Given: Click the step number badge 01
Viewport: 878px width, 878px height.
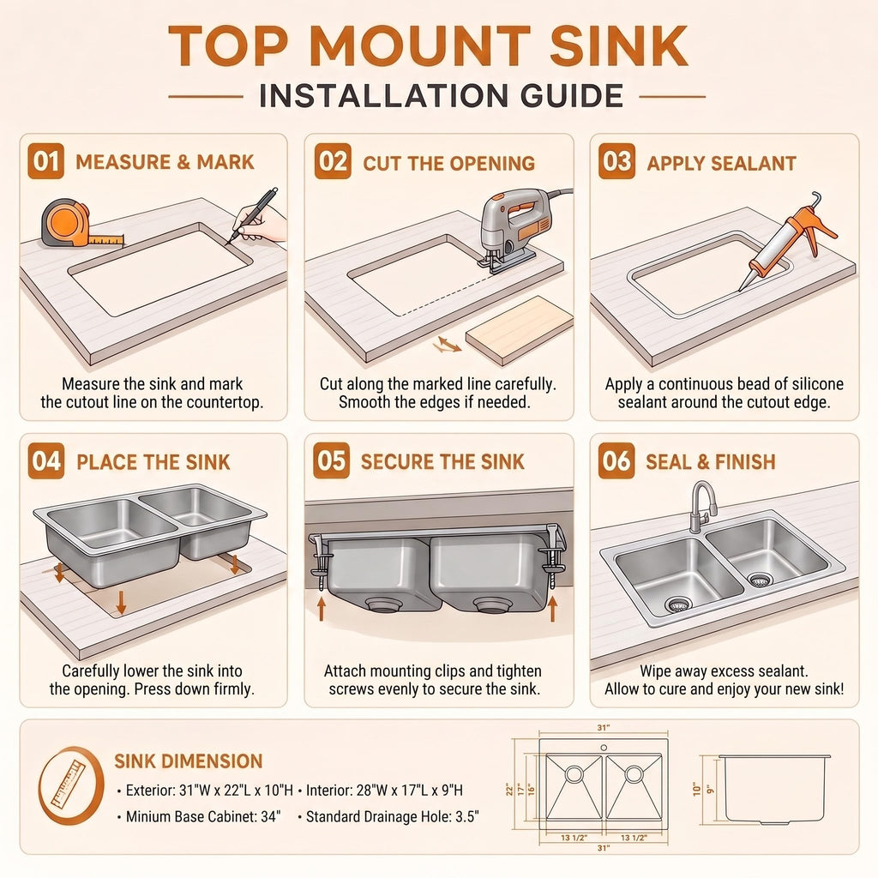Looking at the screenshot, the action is [46, 161].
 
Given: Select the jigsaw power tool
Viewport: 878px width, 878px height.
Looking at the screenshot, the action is [515, 230].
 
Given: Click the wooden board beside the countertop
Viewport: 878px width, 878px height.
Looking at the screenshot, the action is [520, 329].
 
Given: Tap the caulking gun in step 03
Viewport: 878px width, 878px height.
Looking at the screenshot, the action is [784, 240].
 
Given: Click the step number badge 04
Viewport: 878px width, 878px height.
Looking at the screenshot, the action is [46, 460].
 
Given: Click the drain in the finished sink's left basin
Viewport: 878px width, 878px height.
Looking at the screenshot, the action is [678, 604].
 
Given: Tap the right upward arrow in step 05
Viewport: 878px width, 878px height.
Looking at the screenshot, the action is [553, 609].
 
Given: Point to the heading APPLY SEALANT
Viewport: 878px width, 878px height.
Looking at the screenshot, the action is [721, 164].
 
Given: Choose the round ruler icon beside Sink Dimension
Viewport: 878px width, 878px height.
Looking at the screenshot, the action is [71, 785].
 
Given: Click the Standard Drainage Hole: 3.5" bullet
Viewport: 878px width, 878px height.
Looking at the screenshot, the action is [388, 816].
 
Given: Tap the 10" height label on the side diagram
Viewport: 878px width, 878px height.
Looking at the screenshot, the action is [696, 790].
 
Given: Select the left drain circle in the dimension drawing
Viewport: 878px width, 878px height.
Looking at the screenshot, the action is [574, 774].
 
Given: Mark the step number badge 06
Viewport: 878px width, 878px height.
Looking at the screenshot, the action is [616, 460].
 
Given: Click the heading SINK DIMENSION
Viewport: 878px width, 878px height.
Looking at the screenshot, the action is [188, 761].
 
